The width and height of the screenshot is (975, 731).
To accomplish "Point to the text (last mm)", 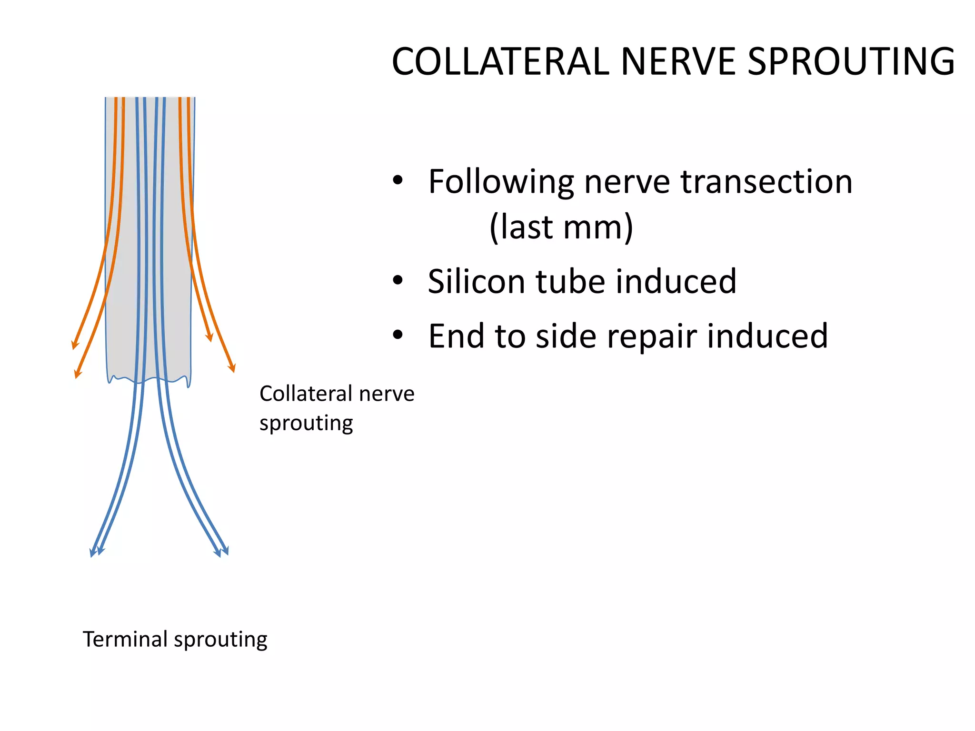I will [561, 227].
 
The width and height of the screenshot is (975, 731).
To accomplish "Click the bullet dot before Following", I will [398, 181].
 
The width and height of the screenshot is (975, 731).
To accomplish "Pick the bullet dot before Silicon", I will [398, 281].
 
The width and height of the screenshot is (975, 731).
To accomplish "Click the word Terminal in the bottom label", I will [125, 639].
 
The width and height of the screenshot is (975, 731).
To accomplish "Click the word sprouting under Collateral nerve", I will [306, 423].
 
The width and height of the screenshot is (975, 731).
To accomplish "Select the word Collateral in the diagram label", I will [306, 394].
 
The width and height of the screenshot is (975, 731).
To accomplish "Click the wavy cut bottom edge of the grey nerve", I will [148, 380].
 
